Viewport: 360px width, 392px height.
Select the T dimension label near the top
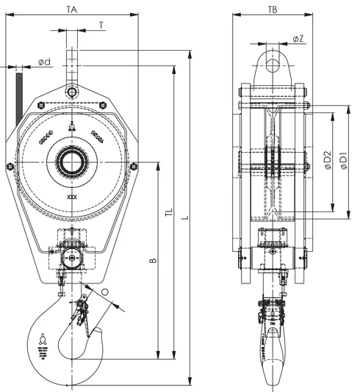(x=100, y=25)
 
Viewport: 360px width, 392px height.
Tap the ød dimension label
(x=44, y=62)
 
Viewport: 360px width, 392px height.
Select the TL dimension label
(x=169, y=213)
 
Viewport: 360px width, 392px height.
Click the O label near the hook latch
(x=105, y=291)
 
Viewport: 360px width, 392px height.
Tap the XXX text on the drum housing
(x=72, y=197)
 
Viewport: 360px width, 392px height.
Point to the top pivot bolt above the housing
(x=72, y=92)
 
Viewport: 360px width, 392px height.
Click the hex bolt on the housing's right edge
(x=133, y=166)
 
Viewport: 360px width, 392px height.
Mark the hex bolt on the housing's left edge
(x=11, y=166)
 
